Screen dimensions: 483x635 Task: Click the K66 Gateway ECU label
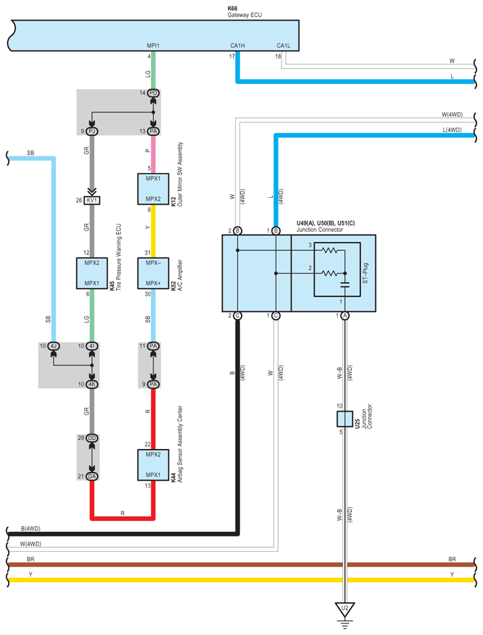[x=244, y=12]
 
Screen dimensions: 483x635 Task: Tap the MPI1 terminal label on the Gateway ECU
[x=153, y=45]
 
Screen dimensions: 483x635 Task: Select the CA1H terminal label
[x=237, y=45]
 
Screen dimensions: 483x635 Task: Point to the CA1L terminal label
[x=283, y=45]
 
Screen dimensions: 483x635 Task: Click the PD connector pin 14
[x=153, y=93]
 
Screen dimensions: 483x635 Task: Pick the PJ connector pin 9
[x=92, y=131]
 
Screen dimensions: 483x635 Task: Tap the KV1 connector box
[x=92, y=200]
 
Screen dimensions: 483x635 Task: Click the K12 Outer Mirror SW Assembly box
[x=153, y=189]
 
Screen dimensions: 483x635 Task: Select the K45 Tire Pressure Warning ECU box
[x=92, y=273]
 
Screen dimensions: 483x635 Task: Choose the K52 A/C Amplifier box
[x=153, y=273]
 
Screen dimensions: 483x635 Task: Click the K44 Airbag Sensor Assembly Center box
[x=153, y=465]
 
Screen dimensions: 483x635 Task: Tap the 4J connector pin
[x=54, y=346]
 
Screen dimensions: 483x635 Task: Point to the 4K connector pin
[x=92, y=385]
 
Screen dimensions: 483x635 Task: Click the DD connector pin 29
[x=92, y=438]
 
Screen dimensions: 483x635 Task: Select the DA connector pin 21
[x=92, y=476]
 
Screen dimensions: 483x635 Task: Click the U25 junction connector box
[x=345, y=419]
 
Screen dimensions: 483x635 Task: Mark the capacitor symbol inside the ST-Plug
[x=345, y=285]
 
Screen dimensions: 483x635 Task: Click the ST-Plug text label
[x=365, y=273]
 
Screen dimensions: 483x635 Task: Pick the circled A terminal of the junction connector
[x=345, y=316]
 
